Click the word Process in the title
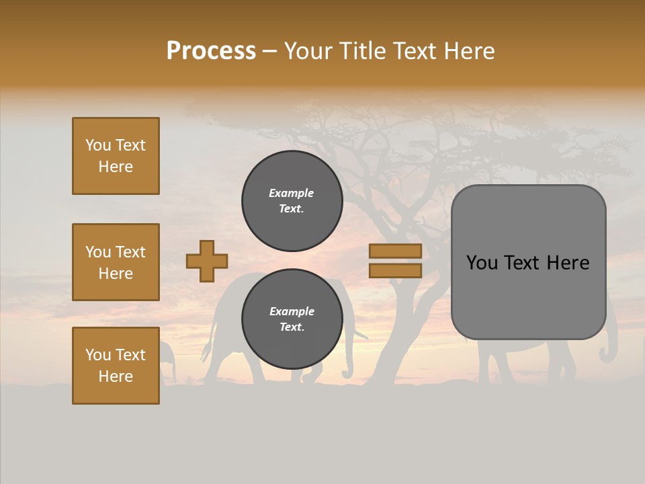click(211, 51)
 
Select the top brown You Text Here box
click(116, 156)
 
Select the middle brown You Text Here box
click(116, 262)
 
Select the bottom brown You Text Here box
click(116, 366)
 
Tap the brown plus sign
click(207, 261)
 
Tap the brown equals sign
click(395, 261)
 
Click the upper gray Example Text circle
click(292, 201)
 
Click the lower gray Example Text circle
click(292, 319)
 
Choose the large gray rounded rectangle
click(528, 262)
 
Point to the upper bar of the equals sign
click(395, 251)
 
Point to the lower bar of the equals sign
click(395, 270)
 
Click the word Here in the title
click(468, 51)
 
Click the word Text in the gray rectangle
click(528, 263)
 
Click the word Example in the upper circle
click(291, 193)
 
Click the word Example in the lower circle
click(292, 311)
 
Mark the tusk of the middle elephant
click(361, 334)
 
